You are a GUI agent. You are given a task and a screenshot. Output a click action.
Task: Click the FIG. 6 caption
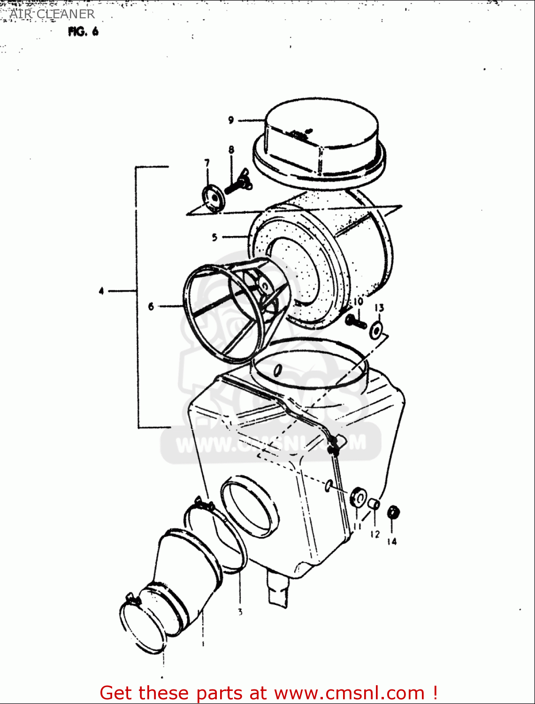point(83,32)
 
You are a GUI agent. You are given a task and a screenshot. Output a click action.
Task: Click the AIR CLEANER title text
point(52,14)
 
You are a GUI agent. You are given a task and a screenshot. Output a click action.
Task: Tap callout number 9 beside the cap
point(231,120)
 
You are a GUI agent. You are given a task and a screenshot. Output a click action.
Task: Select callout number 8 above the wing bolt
point(231,150)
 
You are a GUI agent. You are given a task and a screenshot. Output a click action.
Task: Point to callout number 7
point(207,163)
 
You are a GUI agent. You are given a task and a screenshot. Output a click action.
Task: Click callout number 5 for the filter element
point(214,237)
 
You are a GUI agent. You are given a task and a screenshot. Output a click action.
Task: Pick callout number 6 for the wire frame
point(151,306)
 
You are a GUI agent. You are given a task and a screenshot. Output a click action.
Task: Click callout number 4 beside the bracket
point(101,291)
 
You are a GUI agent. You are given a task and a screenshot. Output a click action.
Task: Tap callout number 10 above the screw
point(358,301)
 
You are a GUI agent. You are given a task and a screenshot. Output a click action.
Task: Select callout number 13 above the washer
point(379,308)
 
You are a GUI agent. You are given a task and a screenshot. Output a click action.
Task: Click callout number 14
point(392,541)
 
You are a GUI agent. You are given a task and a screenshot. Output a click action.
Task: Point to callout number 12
point(374,534)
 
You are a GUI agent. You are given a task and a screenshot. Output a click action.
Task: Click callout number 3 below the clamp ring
point(240,612)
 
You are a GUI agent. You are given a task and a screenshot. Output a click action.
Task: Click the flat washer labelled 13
point(376,330)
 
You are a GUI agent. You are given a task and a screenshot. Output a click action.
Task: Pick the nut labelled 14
point(393,513)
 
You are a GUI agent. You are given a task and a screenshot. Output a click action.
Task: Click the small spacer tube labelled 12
point(374,505)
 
